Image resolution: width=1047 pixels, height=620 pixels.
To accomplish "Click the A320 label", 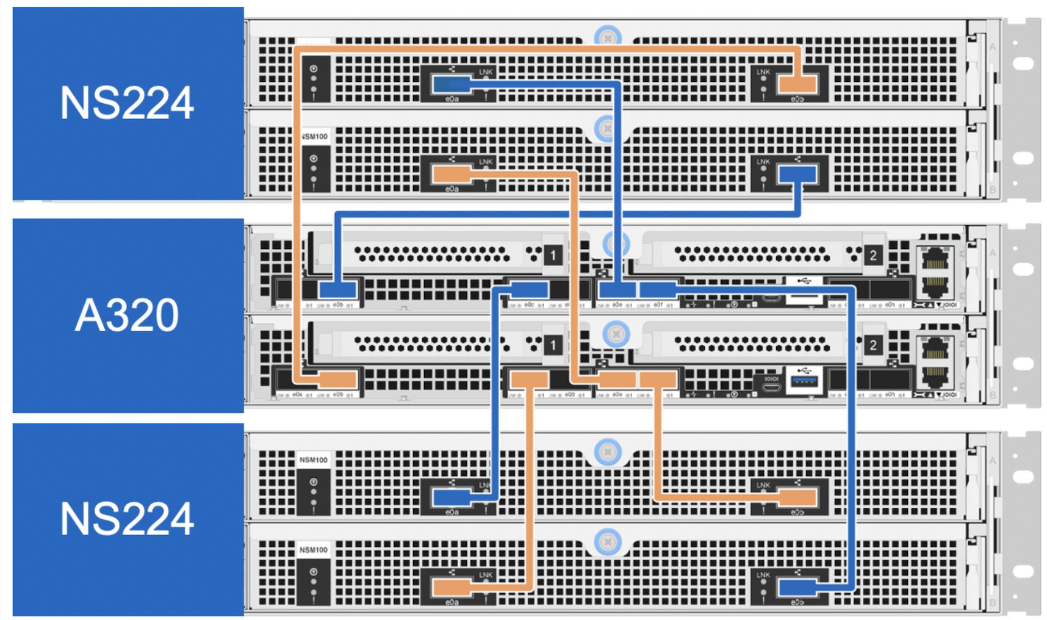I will coord(128,315).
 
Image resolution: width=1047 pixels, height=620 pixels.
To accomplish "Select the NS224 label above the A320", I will coord(128,103).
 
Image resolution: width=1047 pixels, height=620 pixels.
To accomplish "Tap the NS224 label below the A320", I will coord(128,519).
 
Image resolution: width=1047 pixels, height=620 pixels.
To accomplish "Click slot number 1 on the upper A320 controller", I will coord(553,255).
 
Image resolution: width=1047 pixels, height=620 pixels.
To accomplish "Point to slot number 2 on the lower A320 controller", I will coord(872,345).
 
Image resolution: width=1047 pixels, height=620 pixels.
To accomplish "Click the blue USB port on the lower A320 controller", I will coord(804,381).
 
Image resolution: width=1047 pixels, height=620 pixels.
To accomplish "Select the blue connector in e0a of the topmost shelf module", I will coord(452,84).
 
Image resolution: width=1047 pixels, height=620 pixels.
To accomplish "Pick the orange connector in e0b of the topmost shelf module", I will coord(797,84).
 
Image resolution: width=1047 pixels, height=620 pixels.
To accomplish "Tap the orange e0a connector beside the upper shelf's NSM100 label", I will coord(452,175).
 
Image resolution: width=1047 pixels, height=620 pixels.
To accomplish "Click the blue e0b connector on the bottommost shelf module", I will coord(797,588).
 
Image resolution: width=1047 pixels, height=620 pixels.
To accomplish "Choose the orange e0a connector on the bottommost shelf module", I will coord(452,588).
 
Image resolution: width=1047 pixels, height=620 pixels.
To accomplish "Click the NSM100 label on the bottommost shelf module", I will coord(313,550).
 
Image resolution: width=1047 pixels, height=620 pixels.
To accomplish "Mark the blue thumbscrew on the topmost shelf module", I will coord(607,37).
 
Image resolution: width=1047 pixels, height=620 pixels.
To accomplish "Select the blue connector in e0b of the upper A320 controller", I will coord(337,290).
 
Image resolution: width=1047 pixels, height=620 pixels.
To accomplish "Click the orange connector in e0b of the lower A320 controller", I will coord(337,380).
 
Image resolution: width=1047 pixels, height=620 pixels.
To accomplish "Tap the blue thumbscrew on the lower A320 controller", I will coord(615,334).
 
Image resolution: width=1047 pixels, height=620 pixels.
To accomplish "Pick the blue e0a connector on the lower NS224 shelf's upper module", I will coord(452,497).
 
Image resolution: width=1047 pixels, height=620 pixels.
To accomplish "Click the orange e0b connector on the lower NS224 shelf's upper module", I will coord(797,497).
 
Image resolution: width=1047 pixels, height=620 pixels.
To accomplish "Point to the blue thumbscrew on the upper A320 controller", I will coord(615,245).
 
